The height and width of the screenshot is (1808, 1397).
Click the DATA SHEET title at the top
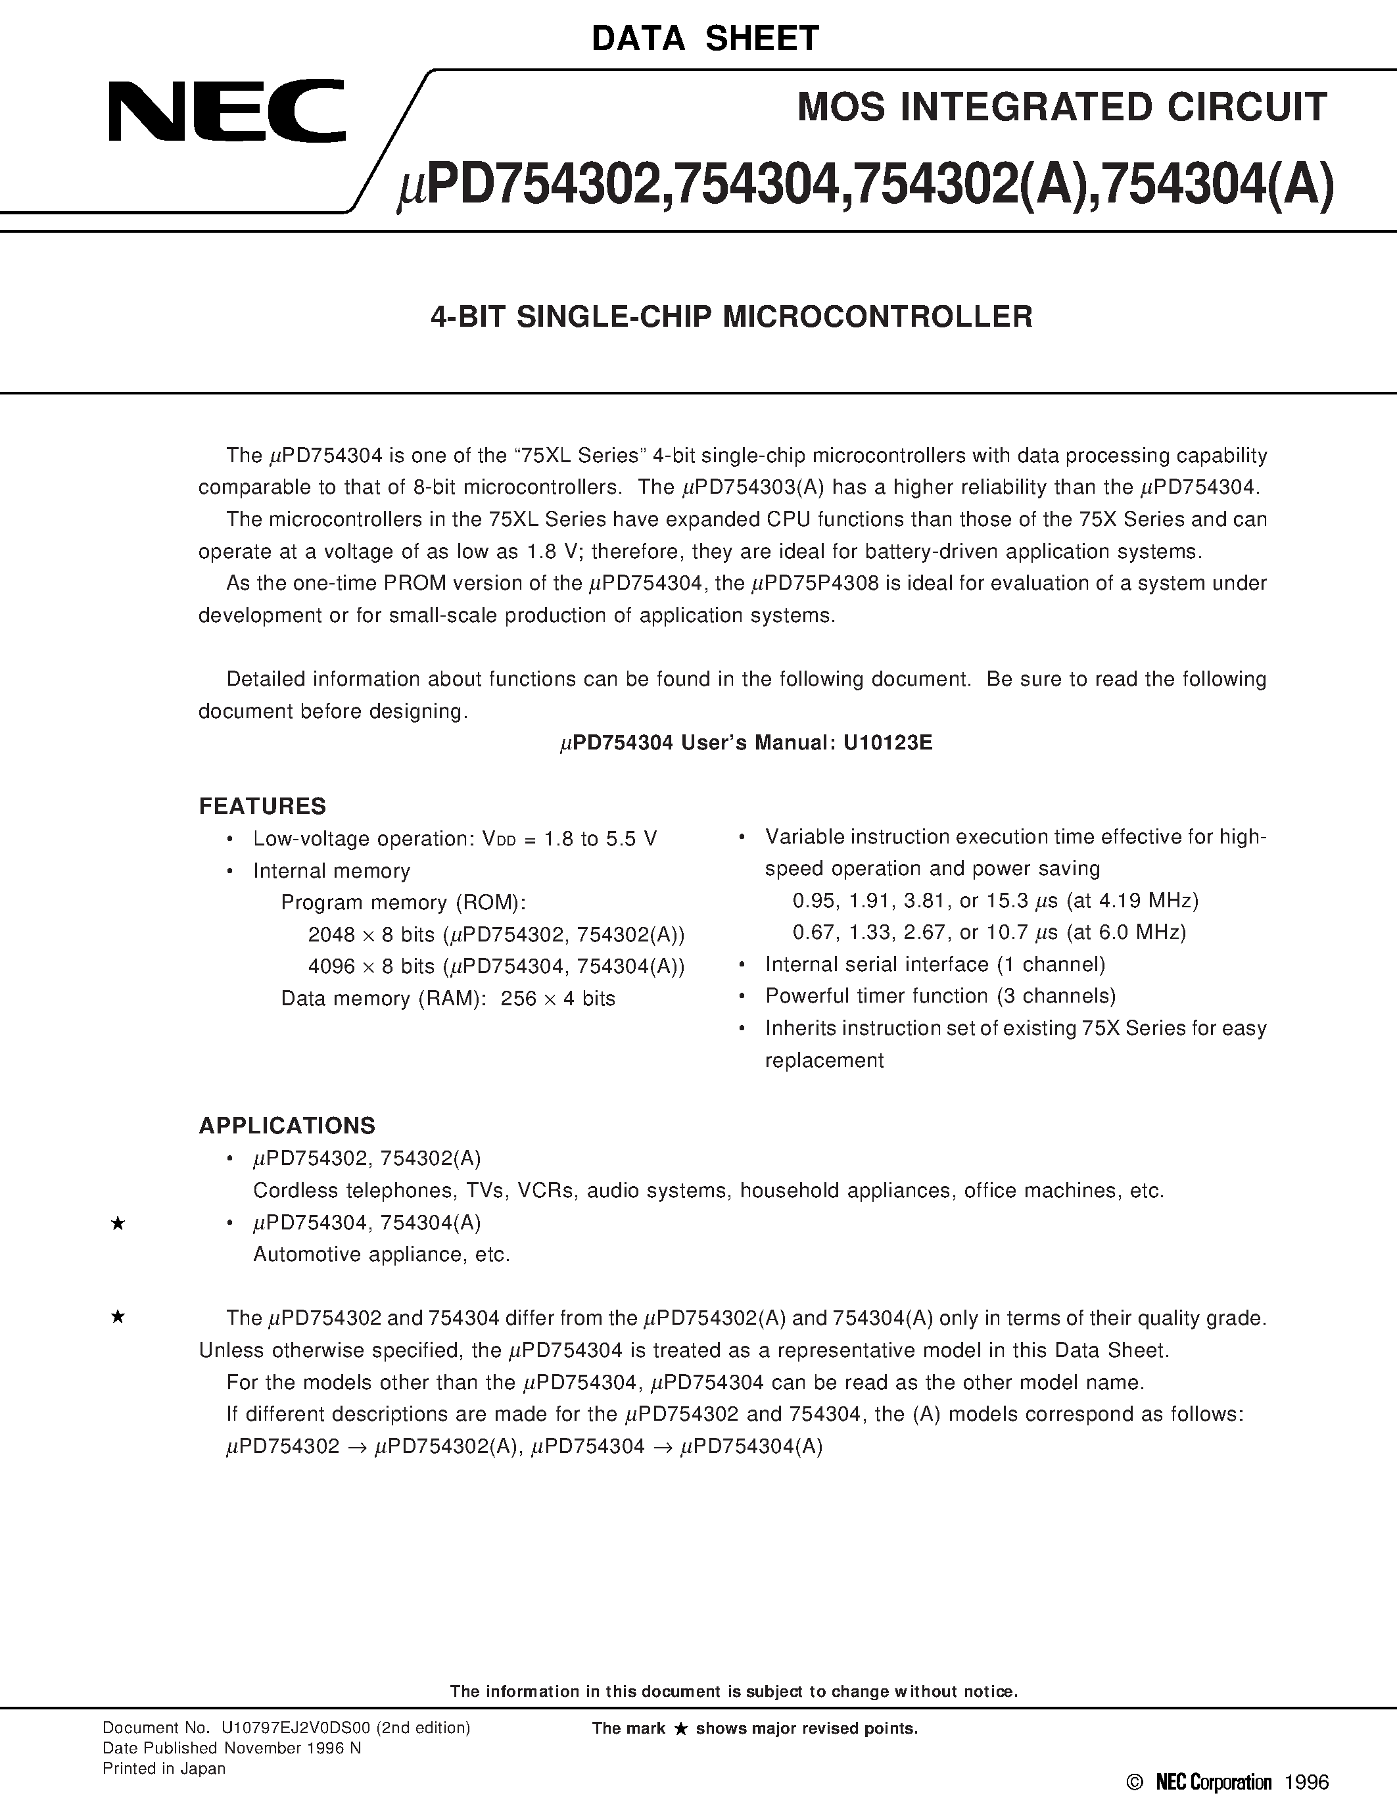click(705, 39)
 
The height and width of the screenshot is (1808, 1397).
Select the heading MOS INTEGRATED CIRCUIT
click(1062, 108)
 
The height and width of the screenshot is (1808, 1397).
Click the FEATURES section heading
click(262, 806)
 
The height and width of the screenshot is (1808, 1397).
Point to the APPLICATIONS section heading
click(287, 1126)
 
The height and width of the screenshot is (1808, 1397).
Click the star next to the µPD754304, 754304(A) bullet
click(118, 1224)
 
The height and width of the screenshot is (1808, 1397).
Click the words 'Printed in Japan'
click(164, 1769)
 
